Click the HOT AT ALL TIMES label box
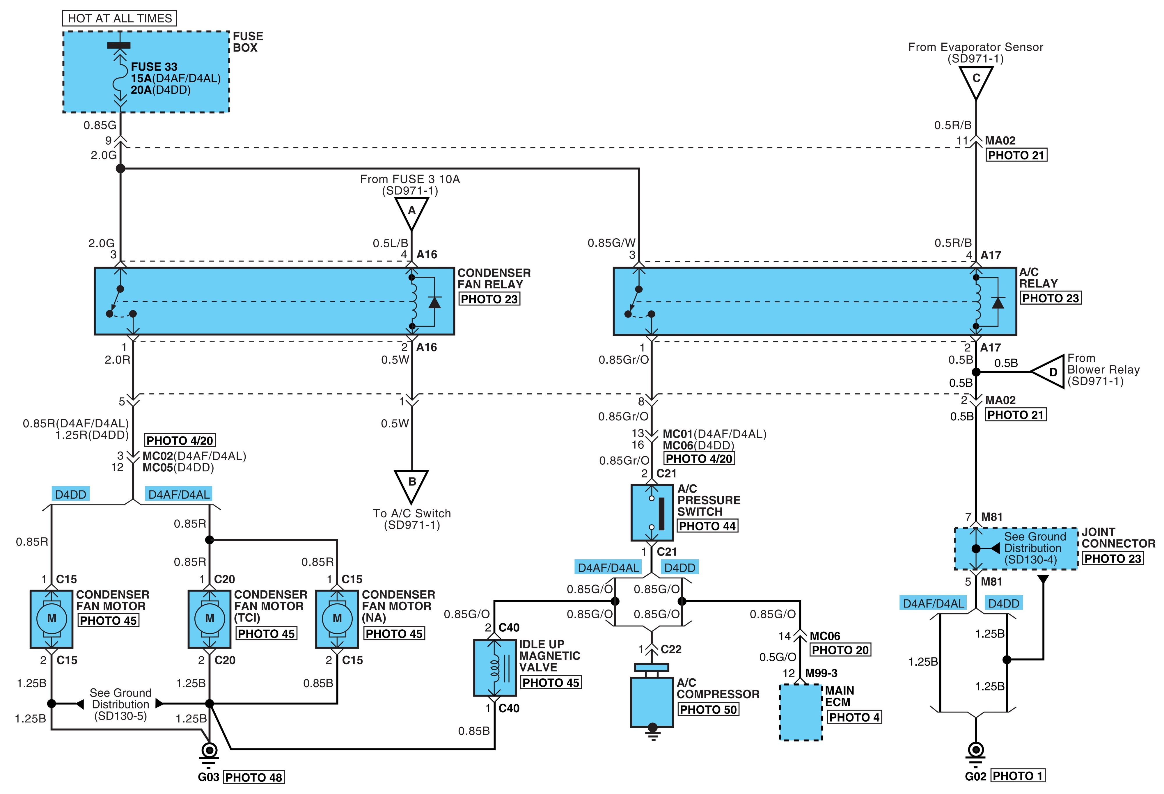pyautogui.click(x=119, y=19)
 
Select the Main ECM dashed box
pyautogui.click(x=800, y=711)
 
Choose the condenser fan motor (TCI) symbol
pyautogui.click(x=209, y=619)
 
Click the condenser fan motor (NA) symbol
pyautogui.click(x=337, y=619)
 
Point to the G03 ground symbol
pyautogui.click(x=209, y=755)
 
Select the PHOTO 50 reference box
pyautogui.click(x=708, y=709)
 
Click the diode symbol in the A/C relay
pyautogui.click(x=998, y=302)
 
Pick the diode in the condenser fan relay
pyautogui.click(x=434, y=302)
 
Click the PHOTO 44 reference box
pyautogui.click(x=707, y=526)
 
